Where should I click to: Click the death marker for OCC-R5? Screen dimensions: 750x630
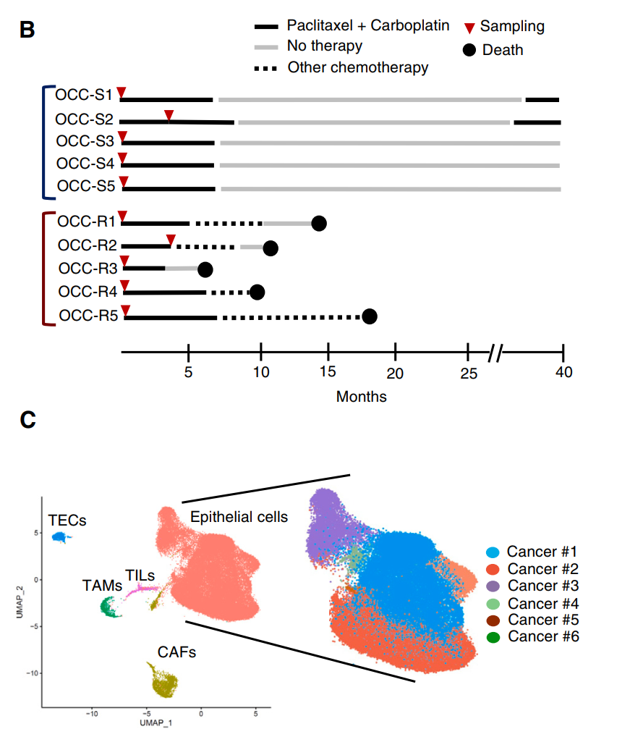pos(370,317)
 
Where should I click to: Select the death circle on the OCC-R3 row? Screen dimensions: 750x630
pos(205,269)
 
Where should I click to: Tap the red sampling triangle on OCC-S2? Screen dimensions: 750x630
pos(169,116)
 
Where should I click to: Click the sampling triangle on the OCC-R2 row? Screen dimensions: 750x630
pos(171,240)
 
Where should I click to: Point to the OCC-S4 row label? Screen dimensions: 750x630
pos(85,163)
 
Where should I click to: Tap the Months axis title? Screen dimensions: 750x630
pos(361,397)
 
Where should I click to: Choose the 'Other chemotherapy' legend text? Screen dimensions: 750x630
pos(358,68)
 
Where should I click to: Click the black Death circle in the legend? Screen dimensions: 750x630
pos(470,50)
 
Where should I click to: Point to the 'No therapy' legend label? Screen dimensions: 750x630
pos(325,47)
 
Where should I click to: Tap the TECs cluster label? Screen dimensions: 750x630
pos(67,520)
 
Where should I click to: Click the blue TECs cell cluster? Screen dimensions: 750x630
pos(59,538)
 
